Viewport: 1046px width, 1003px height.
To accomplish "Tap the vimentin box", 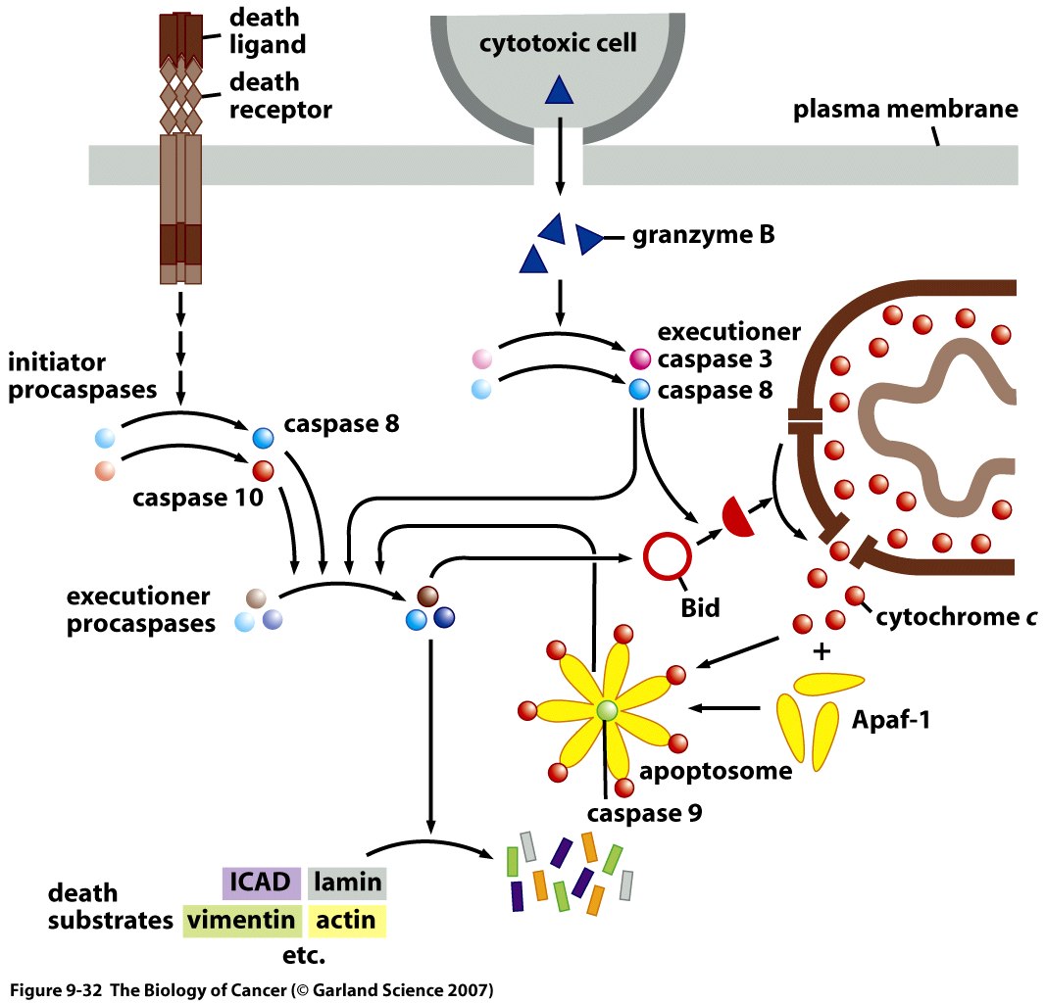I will tap(241, 921).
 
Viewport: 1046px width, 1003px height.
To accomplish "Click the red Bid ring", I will tap(668, 555).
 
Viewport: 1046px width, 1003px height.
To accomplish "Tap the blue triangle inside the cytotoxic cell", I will tap(559, 91).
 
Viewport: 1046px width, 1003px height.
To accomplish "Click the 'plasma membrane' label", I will tap(905, 110).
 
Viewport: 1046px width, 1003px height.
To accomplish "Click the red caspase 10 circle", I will tap(264, 469).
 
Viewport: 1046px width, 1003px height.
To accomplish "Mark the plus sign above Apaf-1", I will tap(821, 651).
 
